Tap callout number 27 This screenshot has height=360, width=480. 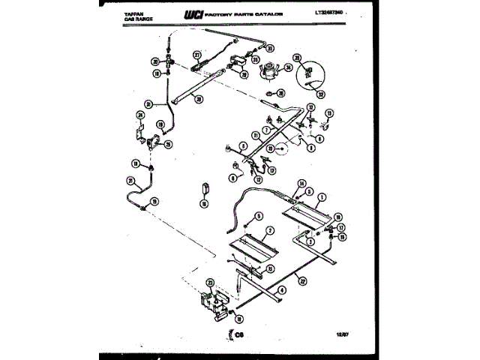coord(198,55)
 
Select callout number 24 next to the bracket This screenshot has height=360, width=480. coord(139,115)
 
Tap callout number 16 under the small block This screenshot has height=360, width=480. coord(204,202)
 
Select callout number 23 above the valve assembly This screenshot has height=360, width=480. coord(210,283)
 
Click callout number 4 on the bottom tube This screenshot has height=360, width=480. coord(280,289)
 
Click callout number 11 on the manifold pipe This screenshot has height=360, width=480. coord(255,136)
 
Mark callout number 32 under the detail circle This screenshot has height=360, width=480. coord(321,94)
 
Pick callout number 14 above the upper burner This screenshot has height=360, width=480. coord(301,182)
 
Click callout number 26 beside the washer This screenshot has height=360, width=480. coord(280,93)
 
